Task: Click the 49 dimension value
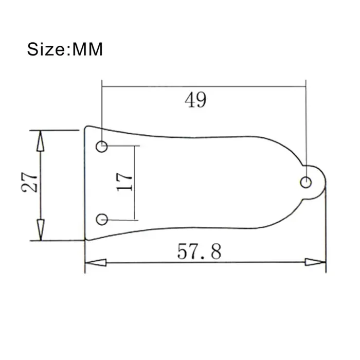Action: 196,100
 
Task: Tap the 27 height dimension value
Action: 30,182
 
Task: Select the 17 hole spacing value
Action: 125,182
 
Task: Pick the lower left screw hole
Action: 102,219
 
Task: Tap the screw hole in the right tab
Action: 305,182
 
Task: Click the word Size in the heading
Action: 46,50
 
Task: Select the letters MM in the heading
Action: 88,50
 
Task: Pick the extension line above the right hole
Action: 306,129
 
